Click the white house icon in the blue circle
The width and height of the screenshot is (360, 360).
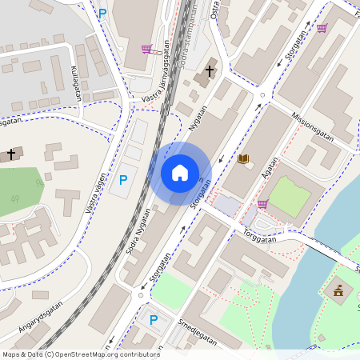[x=180, y=172]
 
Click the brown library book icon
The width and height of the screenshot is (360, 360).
[x=243, y=159]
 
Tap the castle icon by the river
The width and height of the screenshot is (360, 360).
[x=338, y=289]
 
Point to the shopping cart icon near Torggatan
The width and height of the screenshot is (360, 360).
[x=262, y=204]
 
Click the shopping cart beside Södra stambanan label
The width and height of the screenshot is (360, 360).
[x=146, y=49]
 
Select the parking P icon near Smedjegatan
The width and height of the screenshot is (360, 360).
[x=154, y=320]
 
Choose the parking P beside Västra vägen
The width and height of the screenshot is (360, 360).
[x=122, y=181]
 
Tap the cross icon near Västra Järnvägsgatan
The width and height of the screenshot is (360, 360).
[x=210, y=71]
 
